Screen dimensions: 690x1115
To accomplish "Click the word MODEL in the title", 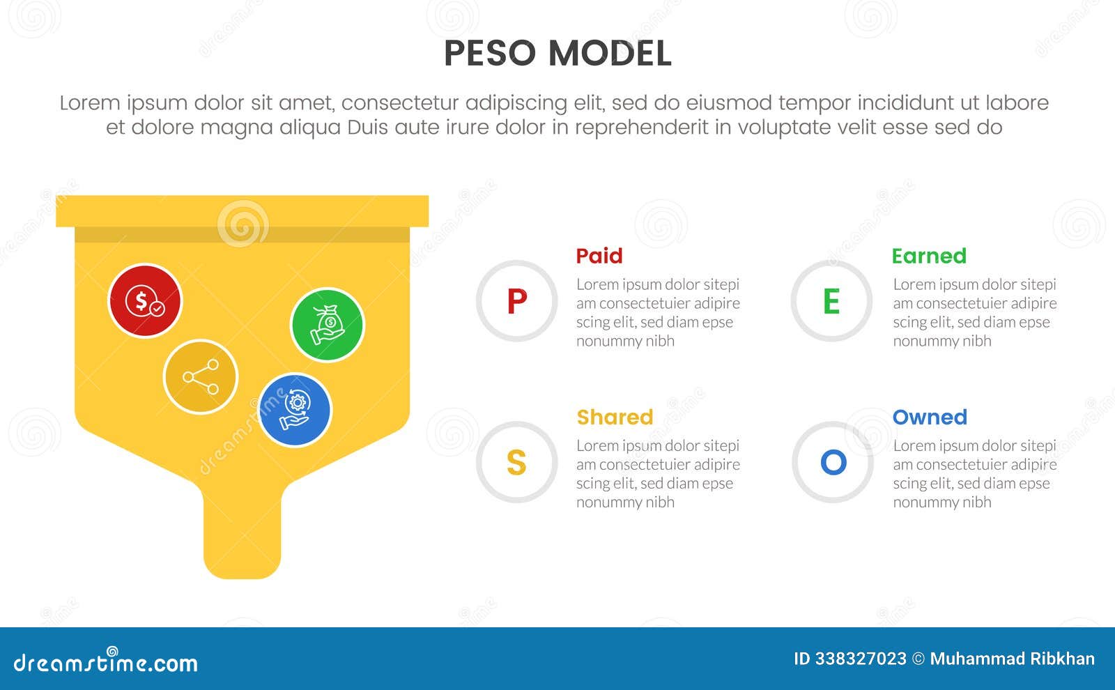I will pyautogui.click(x=610, y=54).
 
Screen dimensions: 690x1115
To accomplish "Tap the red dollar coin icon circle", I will pyautogui.click(x=145, y=301).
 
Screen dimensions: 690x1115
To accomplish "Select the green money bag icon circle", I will pyautogui.click(x=328, y=325).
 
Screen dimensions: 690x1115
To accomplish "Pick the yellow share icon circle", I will pyautogui.click(x=201, y=377).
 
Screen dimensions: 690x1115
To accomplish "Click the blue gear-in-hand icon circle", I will pyautogui.click(x=295, y=410).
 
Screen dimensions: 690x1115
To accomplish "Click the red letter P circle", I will pyautogui.click(x=516, y=301).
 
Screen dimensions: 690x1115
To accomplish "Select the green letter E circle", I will pyautogui.click(x=831, y=301).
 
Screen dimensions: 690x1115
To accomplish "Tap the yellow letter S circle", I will pyautogui.click(x=516, y=462).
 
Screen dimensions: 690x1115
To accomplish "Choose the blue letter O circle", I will pyautogui.click(x=833, y=462).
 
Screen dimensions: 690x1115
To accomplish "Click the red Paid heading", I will pyautogui.click(x=599, y=256).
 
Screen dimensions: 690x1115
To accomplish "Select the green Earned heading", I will pyautogui.click(x=929, y=256).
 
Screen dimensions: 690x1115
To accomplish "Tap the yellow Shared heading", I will pyautogui.click(x=615, y=417).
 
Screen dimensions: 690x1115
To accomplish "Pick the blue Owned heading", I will pyautogui.click(x=930, y=417).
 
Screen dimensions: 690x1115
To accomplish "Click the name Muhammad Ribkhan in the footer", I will pyautogui.click(x=1012, y=659).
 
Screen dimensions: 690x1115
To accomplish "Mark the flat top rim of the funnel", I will pyautogui.click(x=242, y=211).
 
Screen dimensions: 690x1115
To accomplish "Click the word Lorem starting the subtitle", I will pyautogui.click(x=90, y=103).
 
